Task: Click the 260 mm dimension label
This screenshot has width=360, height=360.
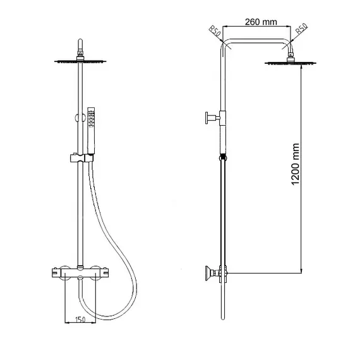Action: [261, 22]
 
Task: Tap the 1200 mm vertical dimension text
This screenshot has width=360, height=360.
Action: [296, 164]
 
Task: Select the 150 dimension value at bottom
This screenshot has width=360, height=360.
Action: [80, 320]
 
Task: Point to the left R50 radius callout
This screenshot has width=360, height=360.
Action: [215, 31]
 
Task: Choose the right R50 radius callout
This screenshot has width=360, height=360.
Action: [301, 28]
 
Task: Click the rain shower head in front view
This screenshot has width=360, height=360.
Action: [80, 61]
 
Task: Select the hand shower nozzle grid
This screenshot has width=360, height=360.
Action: [92, 118]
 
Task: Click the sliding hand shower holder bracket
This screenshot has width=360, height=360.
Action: [81, 158]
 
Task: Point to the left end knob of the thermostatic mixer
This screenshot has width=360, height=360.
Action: [56, 273]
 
